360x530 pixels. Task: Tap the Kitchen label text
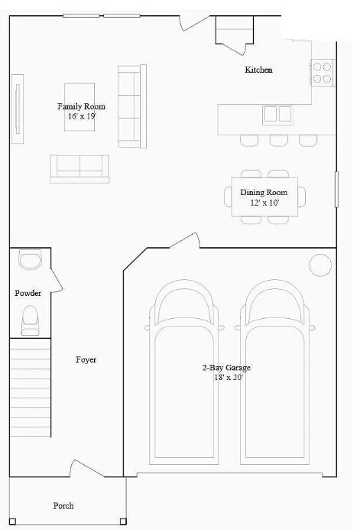pos(258,70)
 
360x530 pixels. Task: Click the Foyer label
pos(86,359)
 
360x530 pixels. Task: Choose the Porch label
pos(63,506)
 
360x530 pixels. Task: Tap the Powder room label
pos(28,293)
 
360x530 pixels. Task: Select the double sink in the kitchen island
pos(277,115)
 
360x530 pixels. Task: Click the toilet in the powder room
pos(31,319)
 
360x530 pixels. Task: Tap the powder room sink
pos(30,261)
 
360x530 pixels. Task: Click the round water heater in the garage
pos(319,265)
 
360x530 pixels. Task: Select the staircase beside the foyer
pos(30,390)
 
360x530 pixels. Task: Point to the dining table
pos(264,197)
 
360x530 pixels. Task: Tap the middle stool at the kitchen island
pos(277,140)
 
